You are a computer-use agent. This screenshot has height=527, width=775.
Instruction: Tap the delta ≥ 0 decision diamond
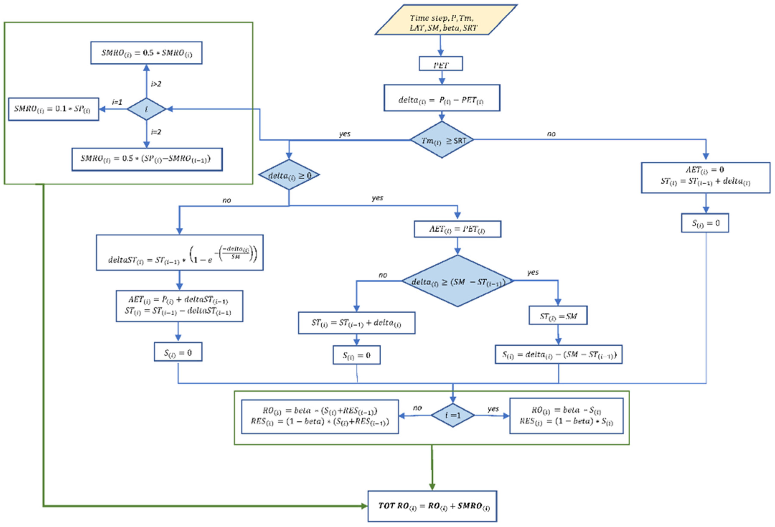(x=289, y=175)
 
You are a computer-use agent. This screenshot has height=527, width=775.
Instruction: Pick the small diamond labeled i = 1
(x=453, y=415)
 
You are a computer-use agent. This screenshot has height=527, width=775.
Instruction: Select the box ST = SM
(x=558, y=315)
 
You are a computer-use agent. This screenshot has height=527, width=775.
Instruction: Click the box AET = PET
(x=457, y=229)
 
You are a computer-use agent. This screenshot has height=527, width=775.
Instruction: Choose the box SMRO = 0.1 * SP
(x=53, y=109)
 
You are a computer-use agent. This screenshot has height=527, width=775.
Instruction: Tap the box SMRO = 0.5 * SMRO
(x=146, y=53)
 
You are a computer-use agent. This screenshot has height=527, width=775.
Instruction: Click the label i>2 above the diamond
(x=156, y=84)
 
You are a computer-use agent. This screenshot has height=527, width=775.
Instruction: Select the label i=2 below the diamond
(x=156, y=132)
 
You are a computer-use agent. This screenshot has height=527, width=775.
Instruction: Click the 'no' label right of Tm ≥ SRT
(x=551, y=134)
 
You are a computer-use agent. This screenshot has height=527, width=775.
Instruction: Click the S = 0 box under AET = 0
(x=705, y=223)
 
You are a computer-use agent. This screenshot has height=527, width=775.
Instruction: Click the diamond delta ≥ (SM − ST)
(x=457, y=281)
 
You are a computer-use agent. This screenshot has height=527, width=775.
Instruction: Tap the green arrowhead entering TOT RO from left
(x=364, y=506)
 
